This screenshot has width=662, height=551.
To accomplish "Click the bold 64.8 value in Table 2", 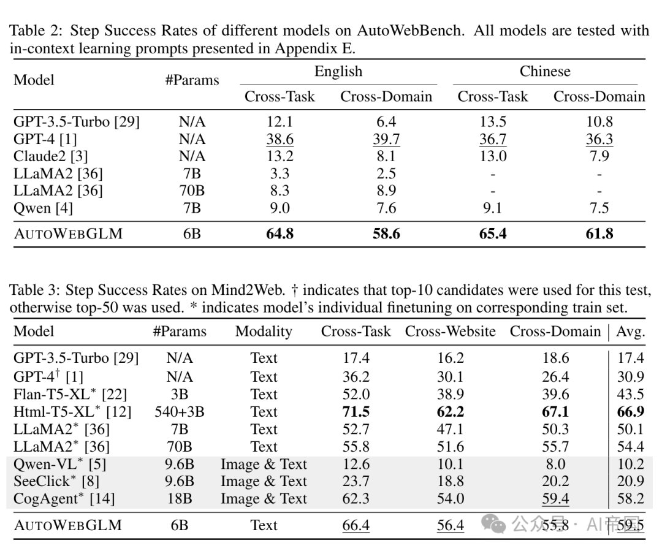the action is pyautogui.click(x=280, y=234).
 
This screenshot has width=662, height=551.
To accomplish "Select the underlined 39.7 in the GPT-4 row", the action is pyautogui.click(x=386, y=139).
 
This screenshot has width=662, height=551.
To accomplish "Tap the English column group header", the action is pyautogui.click(x=338, y=71).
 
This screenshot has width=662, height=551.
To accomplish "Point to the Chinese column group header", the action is pyautogui.click(x=545, y=71).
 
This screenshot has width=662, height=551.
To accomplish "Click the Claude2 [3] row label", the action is pyautogui.click(x=51, y=156).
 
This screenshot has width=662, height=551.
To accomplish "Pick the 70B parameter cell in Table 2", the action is pyautogui.click(x=192, y=191).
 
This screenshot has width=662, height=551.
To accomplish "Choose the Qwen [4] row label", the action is pyautogui.click(x=43, y=208).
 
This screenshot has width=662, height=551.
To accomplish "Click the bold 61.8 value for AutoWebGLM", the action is pyautogui.click(x=599, y=234).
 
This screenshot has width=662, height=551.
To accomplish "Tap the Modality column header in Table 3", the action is pyautogui.click(x=264, y=332).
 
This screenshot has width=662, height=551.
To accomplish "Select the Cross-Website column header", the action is pyautogui.click(x=450, y=331).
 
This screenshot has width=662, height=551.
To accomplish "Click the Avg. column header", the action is pyautogui.click(x=631, y=332).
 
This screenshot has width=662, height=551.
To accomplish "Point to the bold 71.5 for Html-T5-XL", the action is pyautogui.click(x=356, y=411).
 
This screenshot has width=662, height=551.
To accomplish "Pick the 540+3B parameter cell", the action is pyautogui.click(x=180, y=412).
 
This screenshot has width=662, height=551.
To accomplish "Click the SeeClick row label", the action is pyautogui.click(x=56, y=481).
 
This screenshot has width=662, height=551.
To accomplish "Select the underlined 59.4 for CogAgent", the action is pyautogui.click(x=555, y=499).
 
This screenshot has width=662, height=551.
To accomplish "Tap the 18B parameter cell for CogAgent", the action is pyautogui.click(x=180, y=499).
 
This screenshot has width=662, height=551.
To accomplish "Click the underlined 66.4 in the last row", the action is pyautogui.click(x=356, y=525).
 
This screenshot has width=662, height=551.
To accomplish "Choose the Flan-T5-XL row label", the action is pyautogui.click(x=70, y=394).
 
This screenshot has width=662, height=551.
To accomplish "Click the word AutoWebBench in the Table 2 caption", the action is pyautogui.click(x=410, y=31).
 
